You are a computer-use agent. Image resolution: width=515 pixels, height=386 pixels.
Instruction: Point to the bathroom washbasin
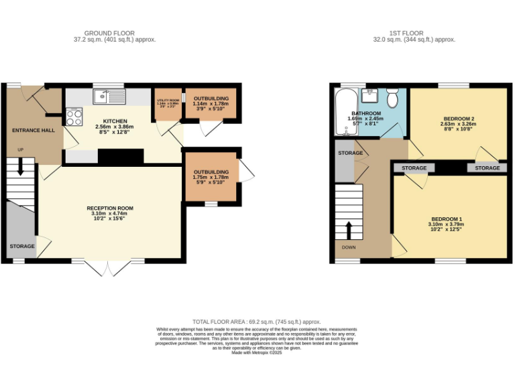pos(370,95)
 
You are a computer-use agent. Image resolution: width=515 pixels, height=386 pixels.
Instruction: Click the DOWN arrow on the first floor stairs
pos(349,229)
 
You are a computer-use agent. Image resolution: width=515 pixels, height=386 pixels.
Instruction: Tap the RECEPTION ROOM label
pos(110,208)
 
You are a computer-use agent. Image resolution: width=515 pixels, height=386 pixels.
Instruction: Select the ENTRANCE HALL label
pos(33,131)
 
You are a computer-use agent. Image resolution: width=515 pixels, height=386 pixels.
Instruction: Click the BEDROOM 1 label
pos(447,219)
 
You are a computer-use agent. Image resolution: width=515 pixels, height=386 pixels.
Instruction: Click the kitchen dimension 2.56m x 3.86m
pos(115,127)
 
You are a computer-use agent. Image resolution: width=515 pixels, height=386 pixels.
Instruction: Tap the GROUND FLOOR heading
pos(109,33)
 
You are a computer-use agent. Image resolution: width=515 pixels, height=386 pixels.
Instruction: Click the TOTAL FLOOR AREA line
pos(257,322)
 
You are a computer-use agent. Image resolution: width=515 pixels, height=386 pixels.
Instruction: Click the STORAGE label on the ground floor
pos(21,246)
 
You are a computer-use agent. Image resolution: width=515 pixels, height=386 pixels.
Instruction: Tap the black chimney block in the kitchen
pos(121,156)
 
